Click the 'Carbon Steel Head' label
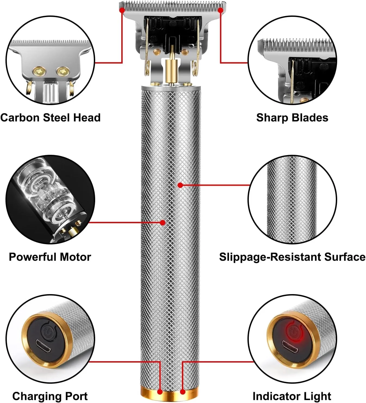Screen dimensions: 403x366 [50, 118]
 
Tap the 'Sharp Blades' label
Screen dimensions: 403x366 [292, 118]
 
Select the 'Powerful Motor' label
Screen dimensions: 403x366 [50, 257]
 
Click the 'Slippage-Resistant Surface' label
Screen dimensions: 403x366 [292, 257]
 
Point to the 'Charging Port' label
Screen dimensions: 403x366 [50, 396]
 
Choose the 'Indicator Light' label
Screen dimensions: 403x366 [292, 396]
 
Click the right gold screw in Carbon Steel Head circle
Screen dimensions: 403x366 [63, 71]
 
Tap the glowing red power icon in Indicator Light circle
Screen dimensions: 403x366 [293, 330]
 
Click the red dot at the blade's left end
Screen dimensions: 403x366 [122, 10]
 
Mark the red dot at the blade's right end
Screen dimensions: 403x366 [221, 10]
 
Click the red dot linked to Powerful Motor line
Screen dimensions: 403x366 [163, 223]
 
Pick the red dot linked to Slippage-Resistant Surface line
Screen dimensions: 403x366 [180, 185]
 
